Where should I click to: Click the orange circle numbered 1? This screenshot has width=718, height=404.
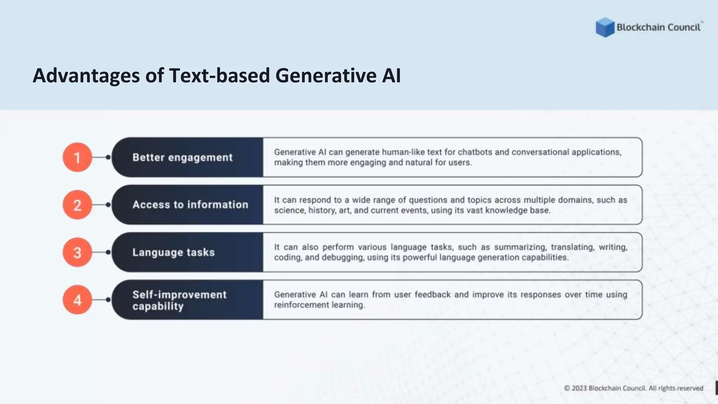(x=77, y=157)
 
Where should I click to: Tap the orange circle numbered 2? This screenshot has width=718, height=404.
(x=77, y=205)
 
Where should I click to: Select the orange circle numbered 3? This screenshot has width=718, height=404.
(x=77, y=252)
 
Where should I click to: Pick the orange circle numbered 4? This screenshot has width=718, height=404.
(x=77, y=299)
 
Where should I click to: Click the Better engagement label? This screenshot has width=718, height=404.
(x=182, y=157)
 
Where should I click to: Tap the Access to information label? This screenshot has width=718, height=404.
(x=190, y=205)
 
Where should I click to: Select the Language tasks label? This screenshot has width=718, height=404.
(x=173, y=252)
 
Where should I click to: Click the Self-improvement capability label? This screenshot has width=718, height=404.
(x=179, y=300)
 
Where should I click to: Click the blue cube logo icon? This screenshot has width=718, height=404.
(x=605, y=27)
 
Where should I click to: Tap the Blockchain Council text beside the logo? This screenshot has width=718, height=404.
(x=658, y=27)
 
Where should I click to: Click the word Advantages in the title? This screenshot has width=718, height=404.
(x=86, y=76)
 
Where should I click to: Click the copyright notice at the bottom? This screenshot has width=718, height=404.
(x=634, y=388)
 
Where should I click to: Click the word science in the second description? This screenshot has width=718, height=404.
(x=289, y=210)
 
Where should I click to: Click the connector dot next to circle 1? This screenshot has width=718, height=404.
(x=108, y=157)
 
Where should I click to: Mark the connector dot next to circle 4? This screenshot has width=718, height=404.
(x=108, y=299)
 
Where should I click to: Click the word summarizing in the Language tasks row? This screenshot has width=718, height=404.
(x=520, y=247)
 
